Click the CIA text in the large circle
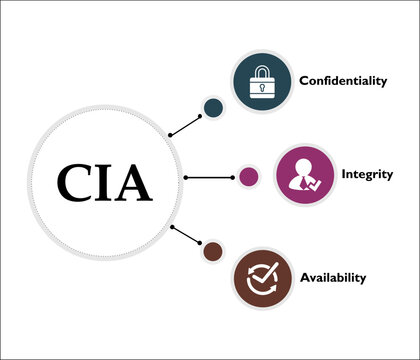[104, 182]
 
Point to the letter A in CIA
[133, 182]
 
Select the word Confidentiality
[342, 81]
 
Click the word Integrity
[339, 174]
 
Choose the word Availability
[332, 277]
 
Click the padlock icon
[262, 82]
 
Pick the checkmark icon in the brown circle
[262, 276]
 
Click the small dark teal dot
[212, 108]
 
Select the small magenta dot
[249, 178]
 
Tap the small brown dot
[212, 250]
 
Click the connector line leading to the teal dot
[185, 125]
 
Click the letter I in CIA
[104, 182]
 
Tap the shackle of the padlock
[262, 72]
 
